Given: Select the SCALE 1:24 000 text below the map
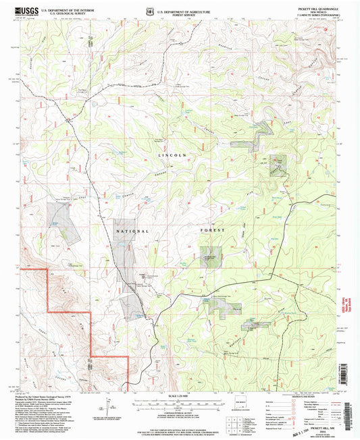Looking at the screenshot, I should coord(180,395).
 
